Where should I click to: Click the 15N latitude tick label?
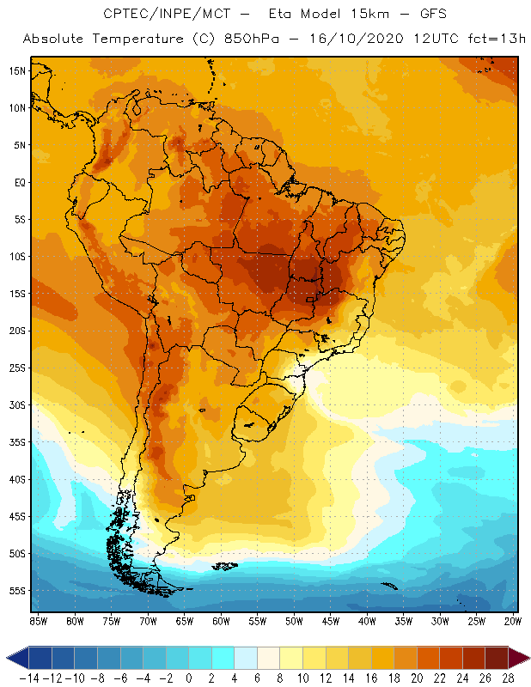17,70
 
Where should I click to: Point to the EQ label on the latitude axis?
18,182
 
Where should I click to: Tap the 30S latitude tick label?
17,404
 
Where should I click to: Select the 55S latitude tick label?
17,591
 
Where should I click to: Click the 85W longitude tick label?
38,621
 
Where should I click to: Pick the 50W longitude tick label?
294,621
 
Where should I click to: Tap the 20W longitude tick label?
514,621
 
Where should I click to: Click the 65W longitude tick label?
184,621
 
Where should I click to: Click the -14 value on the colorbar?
28,678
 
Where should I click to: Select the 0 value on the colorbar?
189,678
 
